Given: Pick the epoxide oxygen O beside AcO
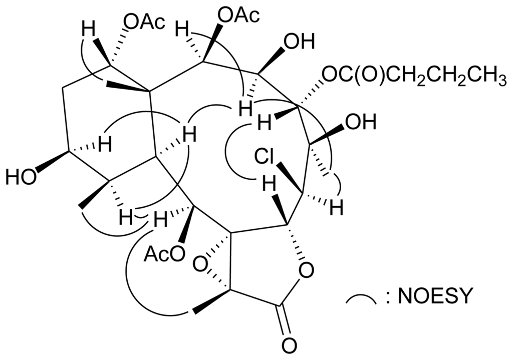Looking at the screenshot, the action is click(x=200, y=264).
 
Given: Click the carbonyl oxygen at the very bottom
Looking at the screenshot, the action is click(x=289, y=345).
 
